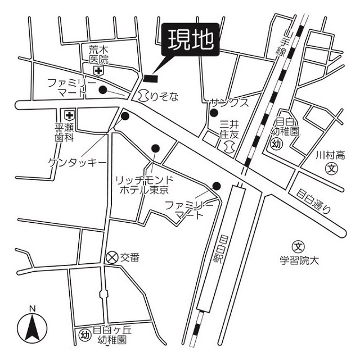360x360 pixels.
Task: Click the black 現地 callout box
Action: (190, 40)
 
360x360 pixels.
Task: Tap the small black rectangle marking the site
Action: (151, 78)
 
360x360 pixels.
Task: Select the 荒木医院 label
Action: (98, 55)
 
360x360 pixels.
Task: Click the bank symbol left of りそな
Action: (144, 96)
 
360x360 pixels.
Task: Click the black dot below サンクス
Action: (213, 112)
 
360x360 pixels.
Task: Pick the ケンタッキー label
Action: (77, 163)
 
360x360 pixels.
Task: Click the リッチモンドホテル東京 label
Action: (144, 185)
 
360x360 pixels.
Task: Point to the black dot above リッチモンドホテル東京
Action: (155, 148)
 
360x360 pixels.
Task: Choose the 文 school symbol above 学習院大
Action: (298, 246)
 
